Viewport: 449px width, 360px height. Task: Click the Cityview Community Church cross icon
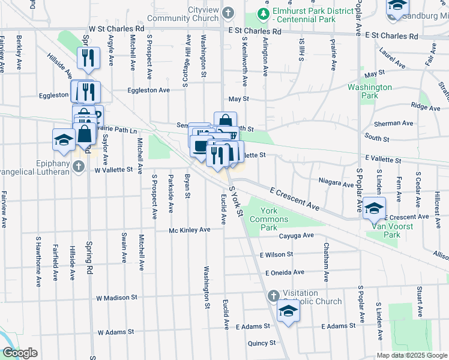(229, 13)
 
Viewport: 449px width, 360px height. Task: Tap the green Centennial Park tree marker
(262, 13)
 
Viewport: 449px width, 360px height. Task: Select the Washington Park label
(370, 91)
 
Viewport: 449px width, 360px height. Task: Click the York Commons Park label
(269, 219)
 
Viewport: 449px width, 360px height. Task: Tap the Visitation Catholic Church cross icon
(273, 295)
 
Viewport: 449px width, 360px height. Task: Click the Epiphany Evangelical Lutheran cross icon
(79, 167)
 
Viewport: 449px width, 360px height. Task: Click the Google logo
(20, 353)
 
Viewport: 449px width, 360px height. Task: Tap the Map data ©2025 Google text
(411, 355)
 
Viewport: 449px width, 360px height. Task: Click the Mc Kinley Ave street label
(190, 230)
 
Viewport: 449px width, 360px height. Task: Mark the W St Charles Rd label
(116, 28)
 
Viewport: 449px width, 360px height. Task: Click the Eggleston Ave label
(148, 90)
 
